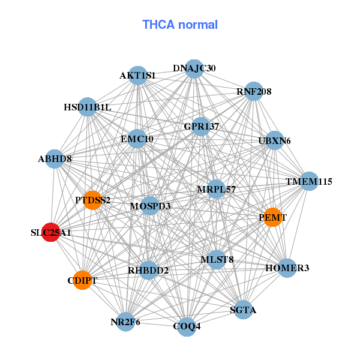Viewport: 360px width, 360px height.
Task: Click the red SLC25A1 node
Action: [x=51, y=232]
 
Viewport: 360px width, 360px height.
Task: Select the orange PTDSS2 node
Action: [x=92, y=200]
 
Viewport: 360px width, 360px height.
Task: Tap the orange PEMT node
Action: [x=273, y=217]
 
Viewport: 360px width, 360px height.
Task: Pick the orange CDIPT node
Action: [x=82, y=280]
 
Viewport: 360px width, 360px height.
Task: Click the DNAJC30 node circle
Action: [x=194, y=69]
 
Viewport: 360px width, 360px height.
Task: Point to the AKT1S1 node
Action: [x=138, y=76]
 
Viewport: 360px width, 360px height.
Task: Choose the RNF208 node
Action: [x=254, y=91]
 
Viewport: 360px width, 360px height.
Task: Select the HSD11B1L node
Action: [x=88, y=107]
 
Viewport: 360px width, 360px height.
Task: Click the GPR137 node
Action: [x=201, y=127]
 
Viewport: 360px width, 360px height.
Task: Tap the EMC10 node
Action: [x=137, y=139]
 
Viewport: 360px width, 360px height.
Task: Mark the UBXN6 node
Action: [x=274, y=140]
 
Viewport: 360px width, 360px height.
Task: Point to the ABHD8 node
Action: [x=55, y=159]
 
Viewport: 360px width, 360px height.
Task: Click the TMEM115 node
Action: [x=309, y=181]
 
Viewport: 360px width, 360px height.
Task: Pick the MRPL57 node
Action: [x=216, y=189]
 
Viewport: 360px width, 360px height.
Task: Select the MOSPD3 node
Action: [x=150, y=206]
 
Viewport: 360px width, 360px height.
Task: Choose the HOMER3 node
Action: [x=287, y=268]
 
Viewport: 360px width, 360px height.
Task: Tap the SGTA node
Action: [x=243, y=310]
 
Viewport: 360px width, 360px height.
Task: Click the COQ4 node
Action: [x=187, y=327]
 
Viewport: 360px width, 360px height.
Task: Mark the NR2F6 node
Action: [x=125, y=322]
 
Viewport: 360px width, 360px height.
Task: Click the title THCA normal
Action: [x=180, y=25]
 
